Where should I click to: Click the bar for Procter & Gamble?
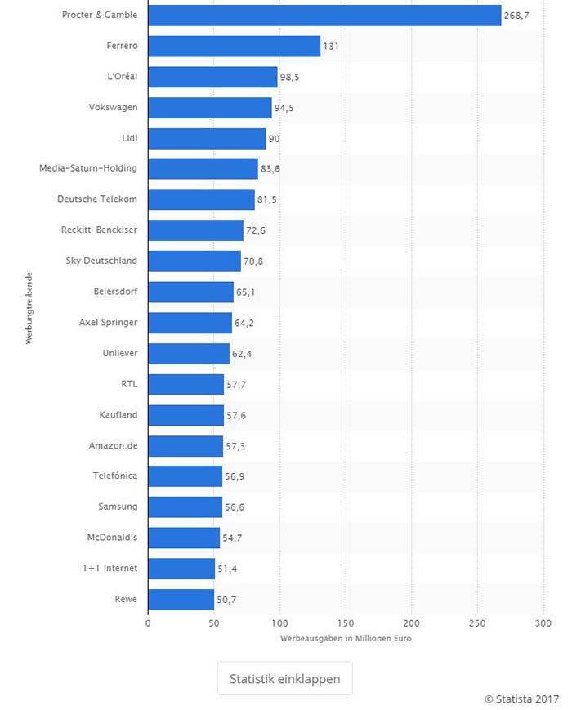pos(324,16)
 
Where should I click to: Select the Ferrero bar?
pos(234,47)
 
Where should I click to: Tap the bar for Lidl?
pos(207,139)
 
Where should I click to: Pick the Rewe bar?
pos(181,600)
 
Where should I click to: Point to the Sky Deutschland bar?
pos(194,261)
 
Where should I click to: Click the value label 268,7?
pos(516,16)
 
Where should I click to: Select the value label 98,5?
pos(293,78)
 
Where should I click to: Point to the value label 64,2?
pos(246,324)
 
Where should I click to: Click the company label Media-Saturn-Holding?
pos(88,169)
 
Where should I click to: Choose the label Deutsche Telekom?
pos(96,199)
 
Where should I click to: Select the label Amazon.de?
pos(113,445)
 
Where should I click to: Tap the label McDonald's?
pos(112,538)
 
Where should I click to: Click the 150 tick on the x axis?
pos(346,623)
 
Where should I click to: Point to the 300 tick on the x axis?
pos(543,623)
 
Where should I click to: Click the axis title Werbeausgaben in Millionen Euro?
pos(346,638)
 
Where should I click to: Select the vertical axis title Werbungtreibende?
pos(29,307)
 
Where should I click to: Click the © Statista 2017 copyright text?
pos(521,699)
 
